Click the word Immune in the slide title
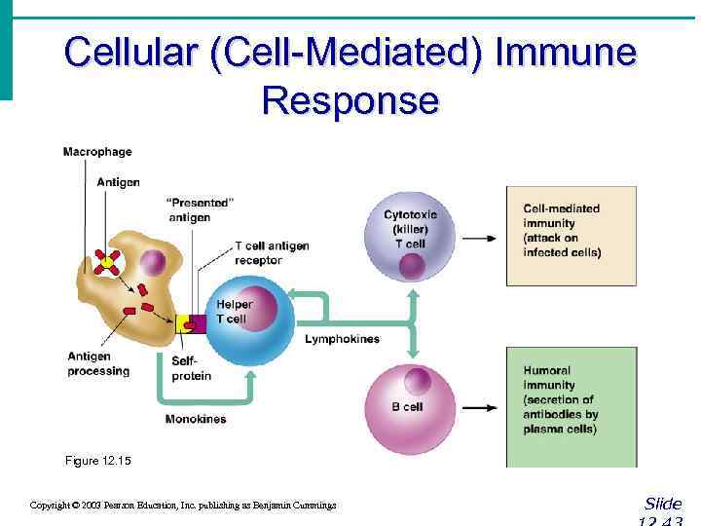566,53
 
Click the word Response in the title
350,99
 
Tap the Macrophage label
97,152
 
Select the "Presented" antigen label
201,210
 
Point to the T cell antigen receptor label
272,253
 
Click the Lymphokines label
342,339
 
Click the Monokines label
196,419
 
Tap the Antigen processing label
98,363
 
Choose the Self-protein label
191,368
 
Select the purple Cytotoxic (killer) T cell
410,237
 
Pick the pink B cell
410,407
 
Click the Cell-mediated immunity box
572,235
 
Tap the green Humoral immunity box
572,406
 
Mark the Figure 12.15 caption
95,461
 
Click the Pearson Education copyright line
183,506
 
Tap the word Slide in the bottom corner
663,504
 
